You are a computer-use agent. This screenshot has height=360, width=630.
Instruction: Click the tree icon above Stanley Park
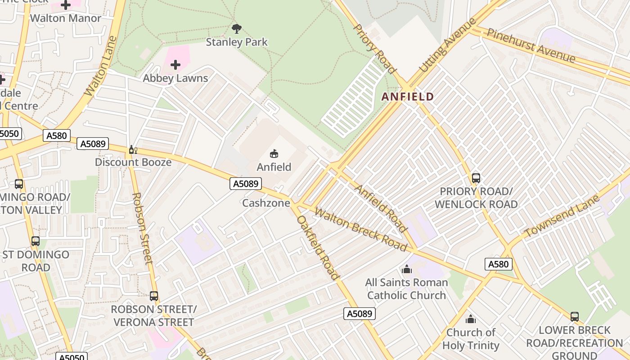click(236, 29)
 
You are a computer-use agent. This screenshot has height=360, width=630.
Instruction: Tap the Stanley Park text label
click(237, 42)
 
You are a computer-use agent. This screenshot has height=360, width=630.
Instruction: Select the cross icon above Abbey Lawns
click(175, 65)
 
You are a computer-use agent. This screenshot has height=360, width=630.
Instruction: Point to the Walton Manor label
click(66, 18)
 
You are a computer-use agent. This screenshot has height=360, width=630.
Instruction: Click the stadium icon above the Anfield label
click(274, 153)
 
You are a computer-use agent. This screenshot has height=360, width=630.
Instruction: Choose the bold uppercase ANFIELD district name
click(408, 97)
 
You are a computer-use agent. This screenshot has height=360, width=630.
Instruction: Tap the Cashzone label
click(265, 203)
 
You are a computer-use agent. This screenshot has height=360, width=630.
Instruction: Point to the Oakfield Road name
click(317, 247)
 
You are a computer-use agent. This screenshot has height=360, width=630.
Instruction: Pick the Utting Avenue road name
click(447, 45)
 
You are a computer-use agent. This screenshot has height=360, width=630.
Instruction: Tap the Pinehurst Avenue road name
click(531, 45)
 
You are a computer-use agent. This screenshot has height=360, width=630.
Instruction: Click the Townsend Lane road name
click(562, 216)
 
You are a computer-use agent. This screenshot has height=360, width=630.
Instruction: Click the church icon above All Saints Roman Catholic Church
click(406, 269)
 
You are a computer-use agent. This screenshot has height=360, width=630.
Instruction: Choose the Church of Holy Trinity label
click(471, 339)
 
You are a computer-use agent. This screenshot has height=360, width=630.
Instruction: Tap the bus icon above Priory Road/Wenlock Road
click(476, 178)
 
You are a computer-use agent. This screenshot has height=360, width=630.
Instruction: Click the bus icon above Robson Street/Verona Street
click(154, 296)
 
